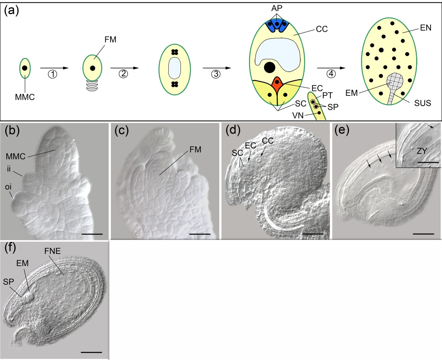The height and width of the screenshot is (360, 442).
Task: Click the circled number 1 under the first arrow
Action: tap(53, 74)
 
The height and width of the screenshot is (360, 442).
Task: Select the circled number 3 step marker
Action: tap(216, 74)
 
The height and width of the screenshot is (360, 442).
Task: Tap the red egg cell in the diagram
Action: tap(277, 84)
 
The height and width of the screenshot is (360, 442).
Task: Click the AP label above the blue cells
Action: tap(277, 8)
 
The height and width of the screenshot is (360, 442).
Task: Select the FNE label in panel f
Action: tap(53, 251)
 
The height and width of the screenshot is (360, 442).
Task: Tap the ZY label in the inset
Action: tap(422, 151)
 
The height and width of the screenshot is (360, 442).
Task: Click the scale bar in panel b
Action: tap(92, 234)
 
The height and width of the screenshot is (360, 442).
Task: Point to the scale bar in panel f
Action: tap(91, 352)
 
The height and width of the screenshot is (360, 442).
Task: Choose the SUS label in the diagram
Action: tap(422, 103)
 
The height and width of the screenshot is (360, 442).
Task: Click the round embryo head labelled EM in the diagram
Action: tap(395, 80)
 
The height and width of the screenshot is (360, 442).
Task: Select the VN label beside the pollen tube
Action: tap(298, 115)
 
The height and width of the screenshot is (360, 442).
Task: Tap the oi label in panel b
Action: tap(8, 187)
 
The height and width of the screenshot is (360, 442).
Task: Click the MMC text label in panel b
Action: tap(15, 156)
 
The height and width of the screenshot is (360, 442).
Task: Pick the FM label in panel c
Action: tap(195, 150)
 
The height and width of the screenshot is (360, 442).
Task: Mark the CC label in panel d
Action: tap(268, 141)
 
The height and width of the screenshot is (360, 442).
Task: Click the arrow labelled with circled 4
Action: tap(331, 68)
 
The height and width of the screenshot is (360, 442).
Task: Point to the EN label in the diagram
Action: tap(425, 28)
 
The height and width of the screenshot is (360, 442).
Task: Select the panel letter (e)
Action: tap(341, 130)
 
